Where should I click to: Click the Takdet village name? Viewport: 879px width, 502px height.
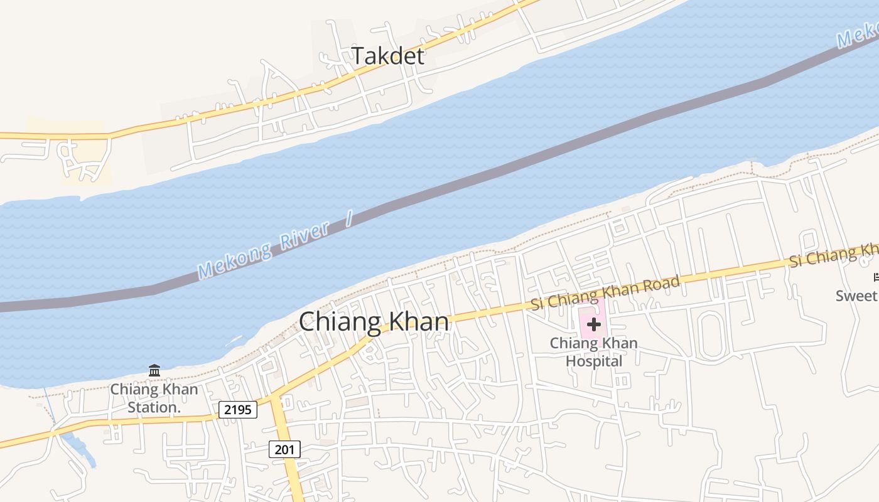pyautogui.click(x=387, y=56)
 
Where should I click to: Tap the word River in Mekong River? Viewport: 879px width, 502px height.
pyautogui.click(x=304, y=237)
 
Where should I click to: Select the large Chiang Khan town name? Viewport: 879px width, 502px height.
pyautogui.click(x=374, y=322)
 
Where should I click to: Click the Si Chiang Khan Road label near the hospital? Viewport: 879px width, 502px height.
pyautogui.click(x=605, y=292)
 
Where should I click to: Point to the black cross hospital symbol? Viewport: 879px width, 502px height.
pyautogui.click(x=593, y=324)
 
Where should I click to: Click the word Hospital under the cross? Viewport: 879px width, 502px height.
pyautogui.click(x=593, y=361)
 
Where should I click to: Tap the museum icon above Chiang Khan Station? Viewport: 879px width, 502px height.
pyautogui.click(x=154, y=370)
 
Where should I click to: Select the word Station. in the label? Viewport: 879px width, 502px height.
pyautogui.click(x=154, y=407)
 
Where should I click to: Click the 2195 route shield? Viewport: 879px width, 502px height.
pyautogui.click(x=238, y=410)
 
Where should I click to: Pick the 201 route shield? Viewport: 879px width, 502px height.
pyautogui.click(x=284, y=449)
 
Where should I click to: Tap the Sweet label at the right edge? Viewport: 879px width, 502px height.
pyautogui.click(x=856, y=296)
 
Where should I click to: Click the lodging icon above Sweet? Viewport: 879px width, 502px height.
pyautogui.click(x=875, y=277)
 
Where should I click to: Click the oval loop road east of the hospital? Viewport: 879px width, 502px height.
pyautogui.click(x=711, y=335)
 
